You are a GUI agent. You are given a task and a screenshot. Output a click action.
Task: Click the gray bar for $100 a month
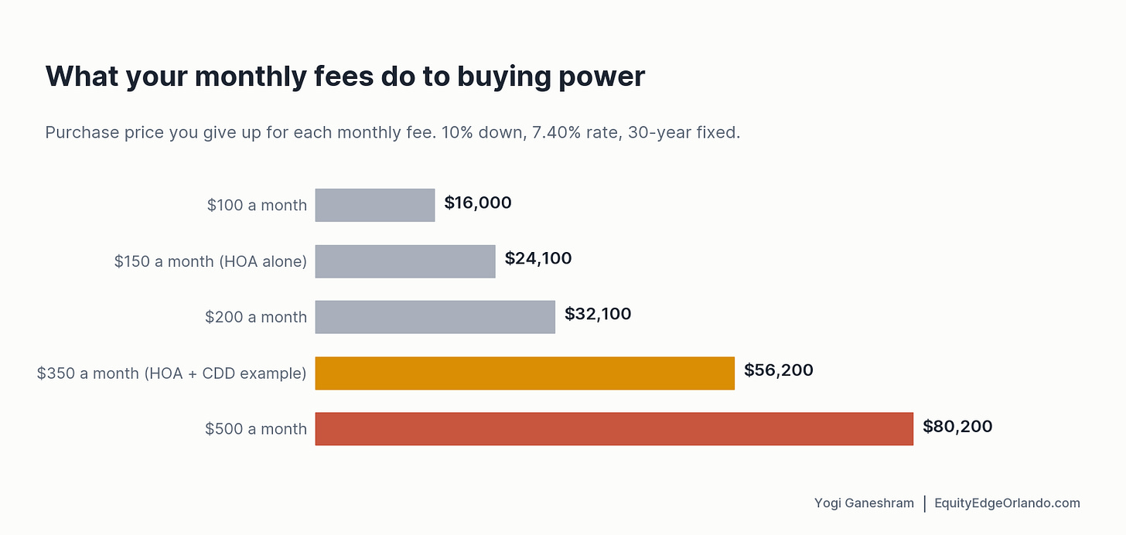tap(375, 205)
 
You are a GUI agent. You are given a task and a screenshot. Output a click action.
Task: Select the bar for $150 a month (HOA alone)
tap(405, 261)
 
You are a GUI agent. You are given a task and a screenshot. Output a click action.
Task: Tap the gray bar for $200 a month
tap(435, 317)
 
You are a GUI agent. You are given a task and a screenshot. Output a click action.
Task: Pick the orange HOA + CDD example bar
tap(525, 373)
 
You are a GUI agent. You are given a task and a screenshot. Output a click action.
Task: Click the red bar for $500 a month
tap(614, 429)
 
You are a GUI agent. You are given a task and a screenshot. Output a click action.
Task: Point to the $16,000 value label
tap(478, 203)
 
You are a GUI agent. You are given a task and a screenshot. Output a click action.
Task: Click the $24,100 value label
tap(538, 258)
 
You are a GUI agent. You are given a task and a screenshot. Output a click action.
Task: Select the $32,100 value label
tap(598, 314)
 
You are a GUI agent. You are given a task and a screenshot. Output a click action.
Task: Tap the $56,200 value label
tap(778, 370)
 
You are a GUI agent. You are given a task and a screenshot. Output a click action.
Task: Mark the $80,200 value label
tap(957, 427)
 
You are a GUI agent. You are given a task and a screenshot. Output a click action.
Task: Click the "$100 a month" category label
tap(257, 206)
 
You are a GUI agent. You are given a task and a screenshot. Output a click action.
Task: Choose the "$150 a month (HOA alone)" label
tap(210, 262)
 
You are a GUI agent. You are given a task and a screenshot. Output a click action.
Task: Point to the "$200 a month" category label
tap(256, 318)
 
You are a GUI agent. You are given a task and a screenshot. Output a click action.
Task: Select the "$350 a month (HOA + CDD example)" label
tap(172, 373)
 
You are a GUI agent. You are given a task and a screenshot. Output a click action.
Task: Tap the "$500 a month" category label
tap(256, 430)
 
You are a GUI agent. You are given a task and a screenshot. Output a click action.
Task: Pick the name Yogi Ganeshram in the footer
tap(864, 503)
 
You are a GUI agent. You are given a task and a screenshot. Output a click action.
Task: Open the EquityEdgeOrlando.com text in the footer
tap(1008, 503)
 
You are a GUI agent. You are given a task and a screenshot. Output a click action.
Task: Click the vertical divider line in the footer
tap(925, 504)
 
